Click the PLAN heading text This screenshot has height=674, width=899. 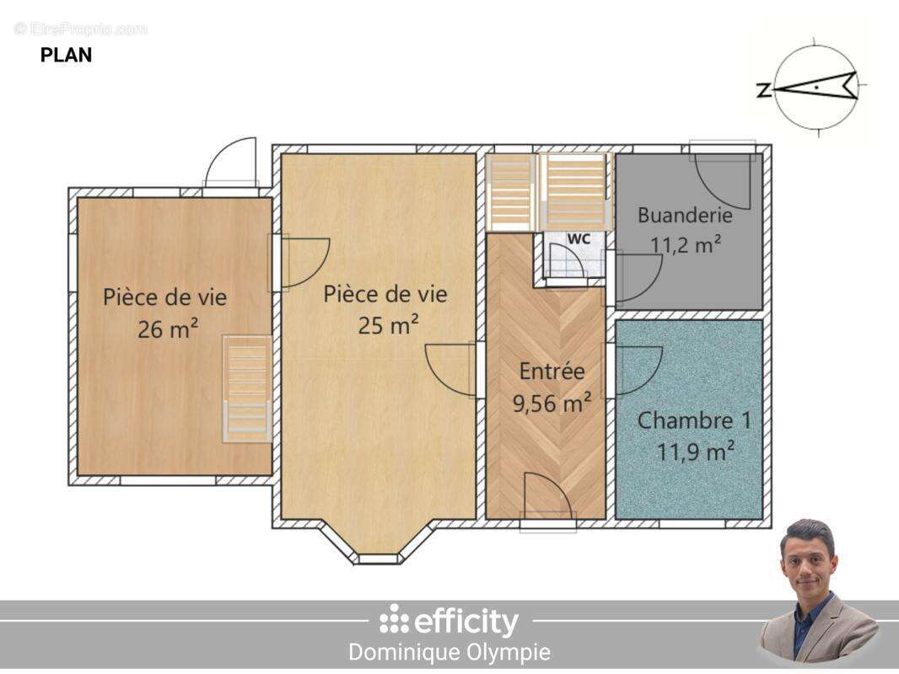click(x=66, y=55)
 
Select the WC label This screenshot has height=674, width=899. click(x=579, y=238)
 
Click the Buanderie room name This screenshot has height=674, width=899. click(x=685, y=216)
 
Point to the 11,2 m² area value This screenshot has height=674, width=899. click(x=686, y=244)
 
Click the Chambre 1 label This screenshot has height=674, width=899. click(x=694, y=420)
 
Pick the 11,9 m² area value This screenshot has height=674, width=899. click(x=696, y=452)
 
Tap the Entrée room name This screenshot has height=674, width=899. click(x=552, y=371)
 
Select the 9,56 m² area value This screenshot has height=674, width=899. click(x=552, y=404)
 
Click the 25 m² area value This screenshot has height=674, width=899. click(x=388, y=325)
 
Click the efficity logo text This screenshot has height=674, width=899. click(x=449, y=621)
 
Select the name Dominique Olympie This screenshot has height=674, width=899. click(x=449, y=652)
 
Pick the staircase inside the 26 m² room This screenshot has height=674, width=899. click(x=246, y=389)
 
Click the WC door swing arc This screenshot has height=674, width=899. click(x=565, y=261)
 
